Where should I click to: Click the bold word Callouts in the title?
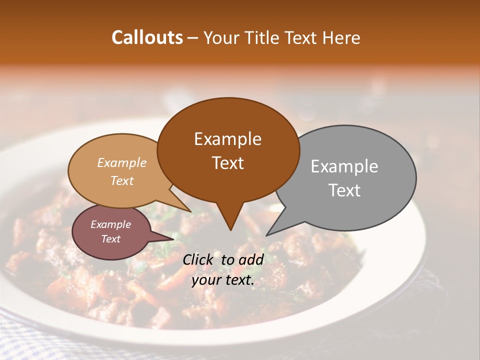pyautogui.click(x=147, y=37)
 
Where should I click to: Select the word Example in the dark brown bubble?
pyautogui.click(x=227, y=139)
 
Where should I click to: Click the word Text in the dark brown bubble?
pyautogui.click(x=227, y=163)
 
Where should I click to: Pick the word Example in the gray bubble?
pyautogui.click(x=344, y=166)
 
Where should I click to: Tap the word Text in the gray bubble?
pyautogui.click(x=344, y=190)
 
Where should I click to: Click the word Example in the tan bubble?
pyautogui.click(x=122, y=162)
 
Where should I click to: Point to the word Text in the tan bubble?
pyautogui.click(x=122, y=180)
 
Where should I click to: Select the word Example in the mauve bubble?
pyautogui.click(x=110, y=224)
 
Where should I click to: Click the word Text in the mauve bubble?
pyautogui.click(x=110, y=239)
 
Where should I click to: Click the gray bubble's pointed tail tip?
pyautogui.click(x=267, y=235)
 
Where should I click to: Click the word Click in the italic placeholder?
pyautogui.click(x=198, y=259)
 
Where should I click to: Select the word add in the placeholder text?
pyautogui.click(x=252, y=259)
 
